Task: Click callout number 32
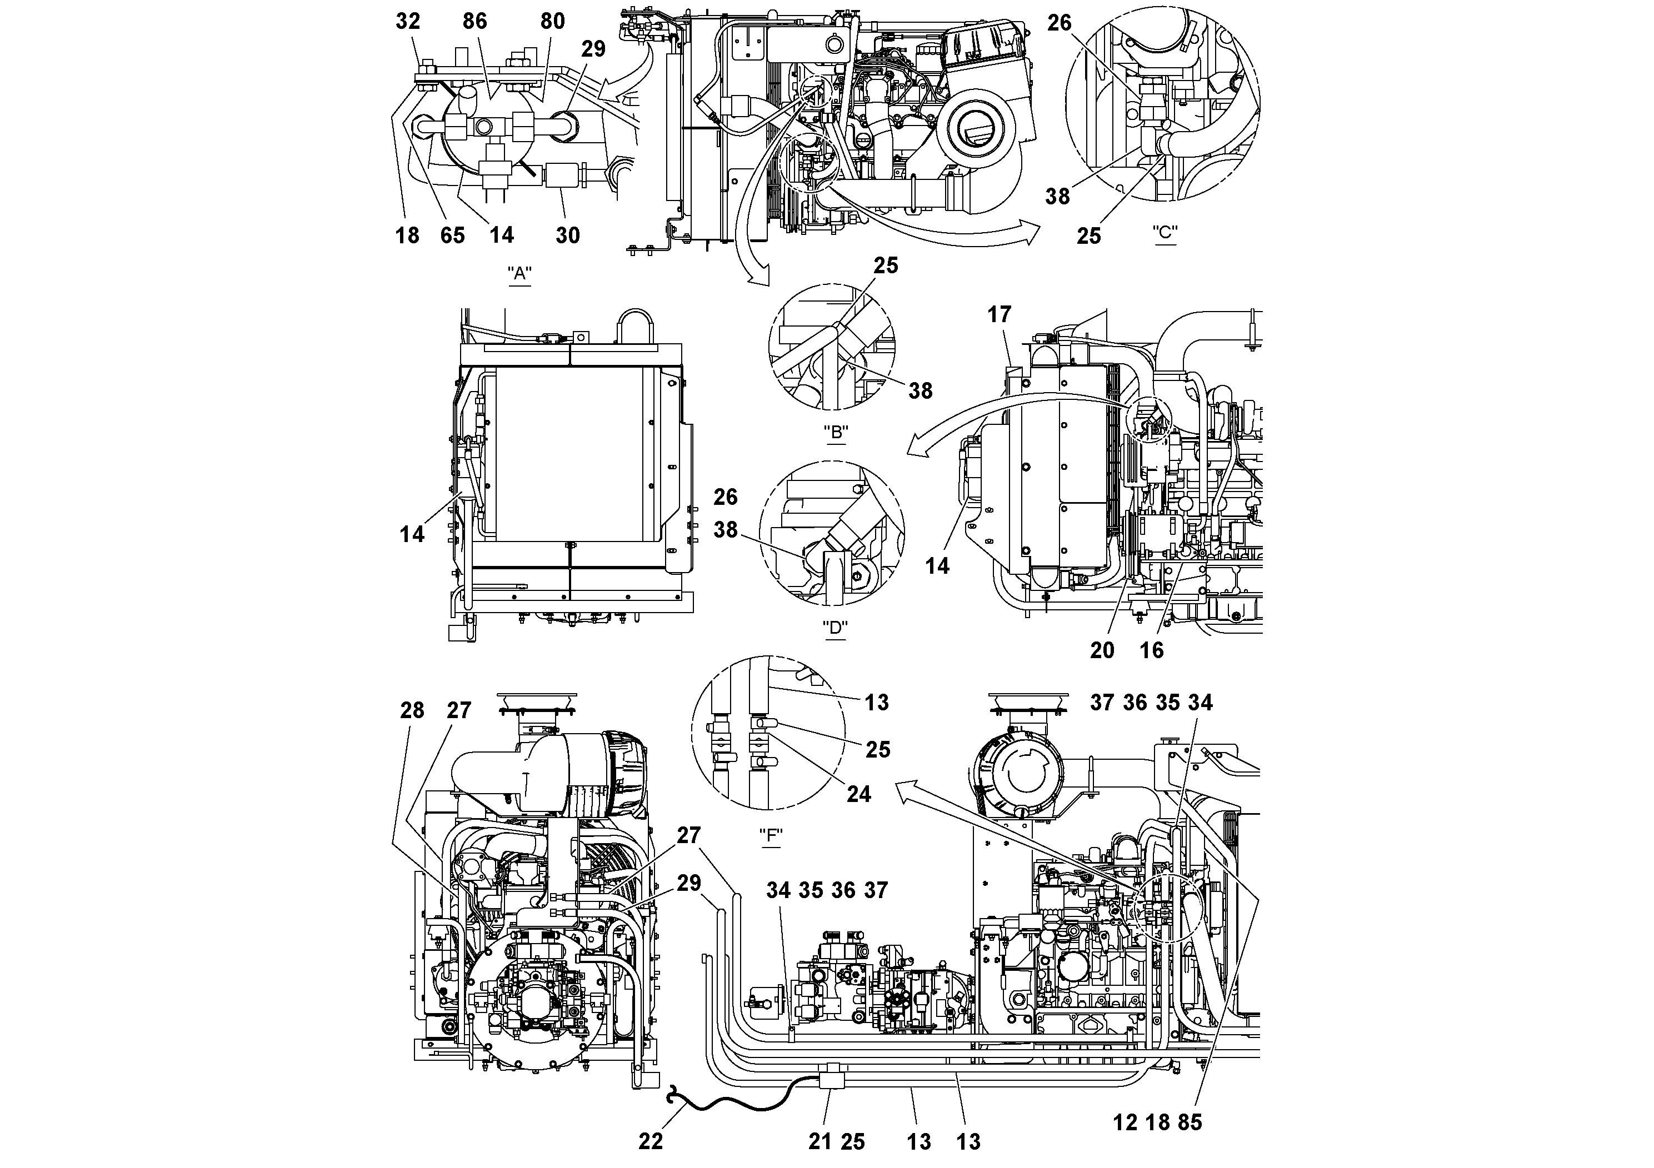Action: click(x=408, y=22)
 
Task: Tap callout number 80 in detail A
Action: click(x=552, y=22)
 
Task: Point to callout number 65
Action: click(x=452, y=235)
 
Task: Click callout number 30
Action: click(x=568, y=235)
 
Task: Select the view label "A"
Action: click(x=519, y=274)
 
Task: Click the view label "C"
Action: click(x=1165, y=233)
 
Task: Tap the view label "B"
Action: click(x=836, y=433)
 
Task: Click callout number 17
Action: click(x=999, y=315)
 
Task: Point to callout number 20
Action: click(x=1102, y=650)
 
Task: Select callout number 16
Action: click(x=1151, y=650)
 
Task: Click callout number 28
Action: click(x=412, y=711)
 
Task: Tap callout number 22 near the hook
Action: click(x=651, y=1141)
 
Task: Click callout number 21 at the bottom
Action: click(x=820, y=1141)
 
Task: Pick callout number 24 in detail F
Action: click(x=859, y=794)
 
